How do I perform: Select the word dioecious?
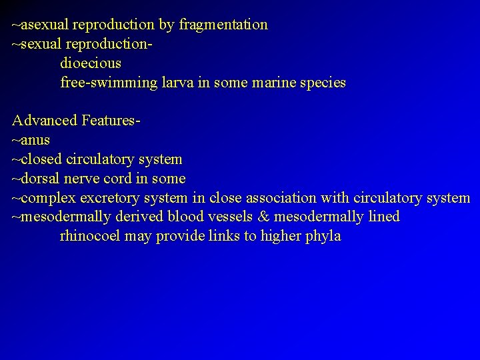tap(91, 64)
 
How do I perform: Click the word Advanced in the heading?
tap(44, 121)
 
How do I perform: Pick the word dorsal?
tap(42, 179)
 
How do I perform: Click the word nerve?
tap(87, 179)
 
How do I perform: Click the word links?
tap(223, 236)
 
